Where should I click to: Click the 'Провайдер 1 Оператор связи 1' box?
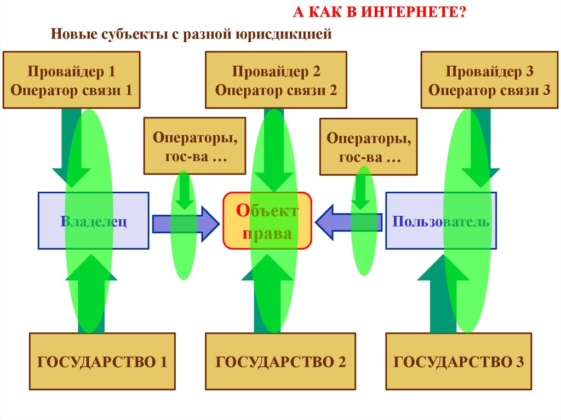pos(71,80)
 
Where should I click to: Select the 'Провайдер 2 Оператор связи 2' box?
pos(276,80)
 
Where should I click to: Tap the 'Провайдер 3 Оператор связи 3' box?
pos(489,80)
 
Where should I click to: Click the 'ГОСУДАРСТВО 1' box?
pos(102,361)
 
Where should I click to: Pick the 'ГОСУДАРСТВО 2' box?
pos(280,361)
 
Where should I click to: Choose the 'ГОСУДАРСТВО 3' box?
pos(459,361)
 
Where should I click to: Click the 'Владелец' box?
pos(93,221)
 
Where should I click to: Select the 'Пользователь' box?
pos(441,221)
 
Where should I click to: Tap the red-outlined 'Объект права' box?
pos(267,221)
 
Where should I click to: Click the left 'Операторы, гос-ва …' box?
pos(187,146)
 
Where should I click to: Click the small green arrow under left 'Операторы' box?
pos(185,192)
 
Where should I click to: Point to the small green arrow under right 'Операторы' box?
pos(361,192)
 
